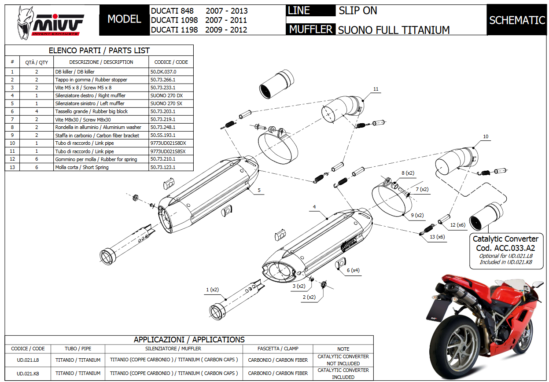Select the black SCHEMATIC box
(x=517, y=20)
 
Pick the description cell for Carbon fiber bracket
(x=97, y=136)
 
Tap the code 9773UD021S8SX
(x=168, y=151)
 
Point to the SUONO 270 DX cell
(x=166, y=95)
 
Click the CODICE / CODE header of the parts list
(x=171, y=62)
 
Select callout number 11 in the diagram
(x=376, y=89)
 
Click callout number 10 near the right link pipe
(x=486, y=137)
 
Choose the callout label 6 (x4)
(x=354, y=270)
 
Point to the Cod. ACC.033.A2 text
(x=505, y=248)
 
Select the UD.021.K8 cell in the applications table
(x=27, y=373)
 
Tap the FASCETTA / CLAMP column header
(x=278, y=349)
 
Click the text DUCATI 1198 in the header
(x=174, y=30)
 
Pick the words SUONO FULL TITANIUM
(x=394, y=30)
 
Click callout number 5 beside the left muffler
(x=259, y=190)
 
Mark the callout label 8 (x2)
(x=408, y=173)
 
